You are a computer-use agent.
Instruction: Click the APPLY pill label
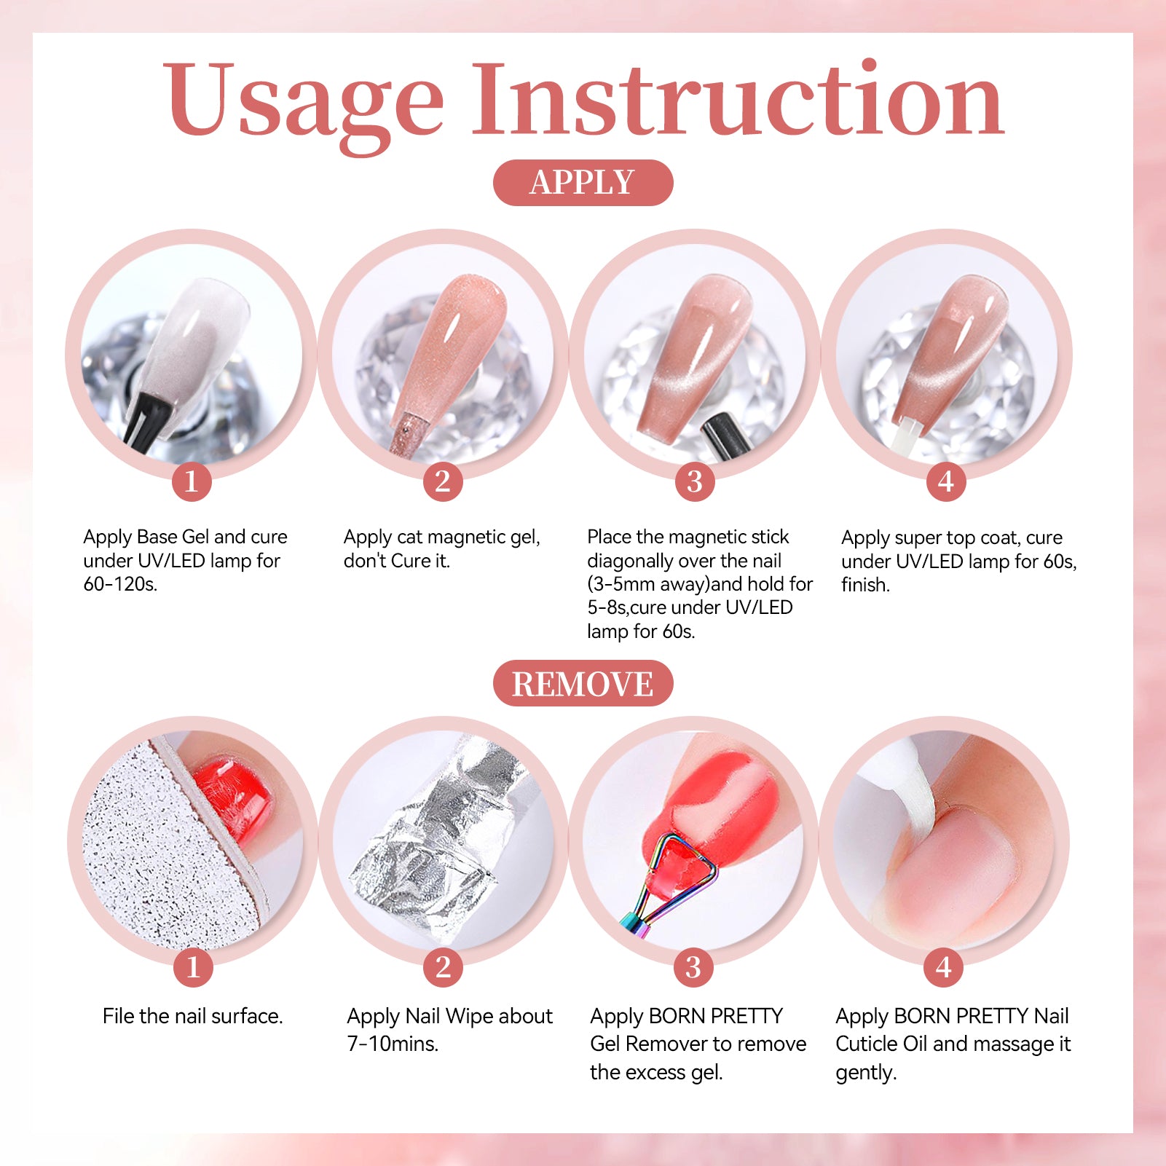[x=583, y=182]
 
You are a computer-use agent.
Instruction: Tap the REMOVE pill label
[x=583, y=683]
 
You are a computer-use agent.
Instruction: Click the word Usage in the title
[x=303, y=102]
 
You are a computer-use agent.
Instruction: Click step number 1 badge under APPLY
[x=192, y=481]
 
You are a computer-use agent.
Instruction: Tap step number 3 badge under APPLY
[x=695, y=481]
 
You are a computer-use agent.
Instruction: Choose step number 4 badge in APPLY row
[x=946, y=481]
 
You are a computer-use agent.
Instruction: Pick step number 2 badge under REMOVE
[x=443, y=967]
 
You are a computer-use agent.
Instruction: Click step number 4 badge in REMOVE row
[x=944, y=967]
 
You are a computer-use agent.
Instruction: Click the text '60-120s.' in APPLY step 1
[x=120, y=584]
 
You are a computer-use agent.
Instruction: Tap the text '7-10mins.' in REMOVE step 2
[x=393, y=1044]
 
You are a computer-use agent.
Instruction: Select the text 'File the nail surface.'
[x=193, y=1016]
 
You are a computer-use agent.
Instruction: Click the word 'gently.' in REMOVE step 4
[x=866, y=1073]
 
